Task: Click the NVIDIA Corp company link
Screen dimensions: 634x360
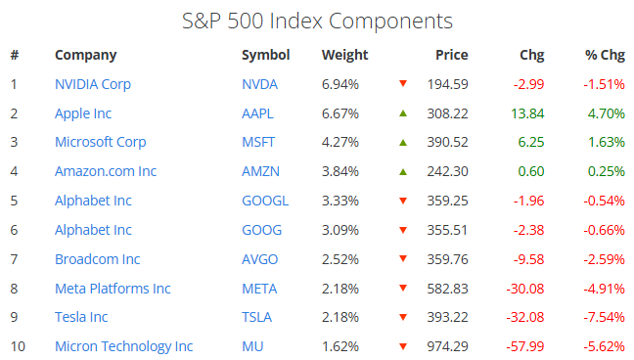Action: tap(93, 84)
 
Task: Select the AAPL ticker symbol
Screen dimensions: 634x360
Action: tap(257, 113)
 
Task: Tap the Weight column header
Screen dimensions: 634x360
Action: tap(345, 55)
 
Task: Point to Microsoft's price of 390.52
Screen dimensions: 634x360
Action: tap(447, 143)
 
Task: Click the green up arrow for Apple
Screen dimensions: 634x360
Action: tap(403, 113)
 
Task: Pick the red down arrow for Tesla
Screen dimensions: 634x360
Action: tap(403, 317)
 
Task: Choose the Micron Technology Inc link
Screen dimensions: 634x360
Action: tap(123, 346)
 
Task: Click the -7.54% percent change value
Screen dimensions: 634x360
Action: tap(604, 317)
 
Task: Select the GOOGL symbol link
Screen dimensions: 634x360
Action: tap(265, 202)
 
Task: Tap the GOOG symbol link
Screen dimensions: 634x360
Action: tap(261, 230)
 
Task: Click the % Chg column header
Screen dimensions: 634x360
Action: tap(605, 55)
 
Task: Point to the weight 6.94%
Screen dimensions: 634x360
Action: tap(340, 84)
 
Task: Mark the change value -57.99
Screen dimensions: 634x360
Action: tap(525, 346)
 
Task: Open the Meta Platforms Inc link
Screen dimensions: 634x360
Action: tap(113, 289)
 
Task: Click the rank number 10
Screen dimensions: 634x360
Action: tap(18, 346)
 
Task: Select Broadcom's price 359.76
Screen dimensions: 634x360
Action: tap(447, 259)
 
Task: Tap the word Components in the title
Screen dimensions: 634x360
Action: tap(390, 22)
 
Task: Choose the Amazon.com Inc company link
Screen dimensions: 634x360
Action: tap(106, 171)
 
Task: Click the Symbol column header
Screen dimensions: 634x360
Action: tap(266, 56)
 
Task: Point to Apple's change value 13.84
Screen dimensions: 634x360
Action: tap(527, 113)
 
